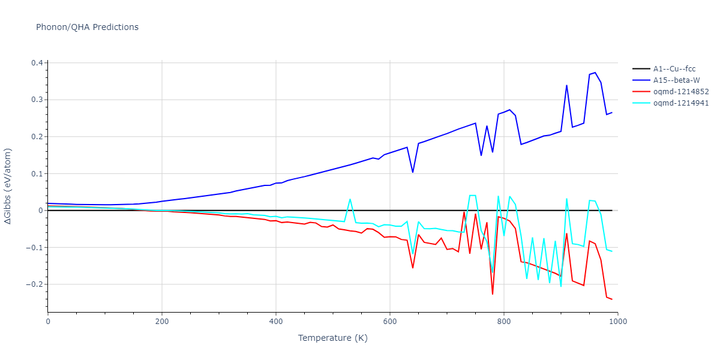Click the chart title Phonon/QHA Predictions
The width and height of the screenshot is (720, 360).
pos(87,27)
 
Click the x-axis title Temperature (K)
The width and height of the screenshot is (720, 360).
pos(333,338)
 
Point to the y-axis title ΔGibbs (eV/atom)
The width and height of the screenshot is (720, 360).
pos(8,187)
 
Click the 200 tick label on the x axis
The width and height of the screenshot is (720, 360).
pos(162,322)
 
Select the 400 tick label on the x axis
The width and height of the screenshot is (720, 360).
pos(276,322)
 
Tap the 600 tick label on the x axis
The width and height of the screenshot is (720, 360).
pos(390,322)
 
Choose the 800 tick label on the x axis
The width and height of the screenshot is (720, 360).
pos(504,322)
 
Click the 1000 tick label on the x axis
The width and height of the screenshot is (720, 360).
pos(618,322)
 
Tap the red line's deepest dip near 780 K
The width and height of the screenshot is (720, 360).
pos(493,294)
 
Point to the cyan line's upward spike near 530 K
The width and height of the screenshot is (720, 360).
pos(350,199)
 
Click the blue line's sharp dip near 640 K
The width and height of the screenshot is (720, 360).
pos(412,172)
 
